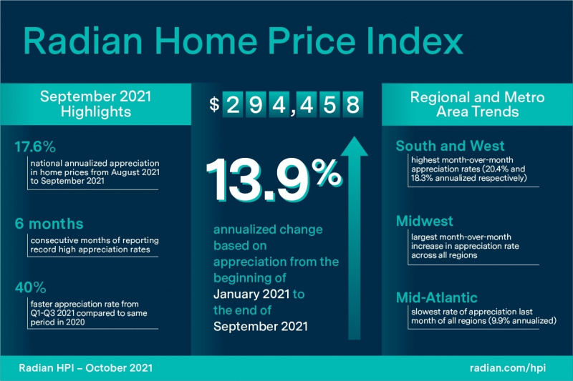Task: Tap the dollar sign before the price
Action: (214, 104)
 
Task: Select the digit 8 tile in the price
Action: (352, 104)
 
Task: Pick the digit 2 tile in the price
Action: (233, 104)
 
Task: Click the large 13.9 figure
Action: (258, 180)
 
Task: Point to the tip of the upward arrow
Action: (354, 137)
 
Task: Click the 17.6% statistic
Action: (35, 147)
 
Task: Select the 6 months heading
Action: (49, 224)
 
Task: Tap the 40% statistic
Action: (30, 287)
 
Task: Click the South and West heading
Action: (450, 146)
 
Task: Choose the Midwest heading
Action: (425, 221)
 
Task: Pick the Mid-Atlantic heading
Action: (437, 297)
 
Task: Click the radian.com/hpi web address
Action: (508, 367)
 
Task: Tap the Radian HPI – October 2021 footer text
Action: (85, 367)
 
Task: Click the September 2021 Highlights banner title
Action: (96, 104)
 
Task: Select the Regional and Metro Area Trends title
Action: (477, 104)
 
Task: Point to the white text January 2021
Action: (251, 294)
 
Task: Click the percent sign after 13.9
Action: (327, 173)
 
